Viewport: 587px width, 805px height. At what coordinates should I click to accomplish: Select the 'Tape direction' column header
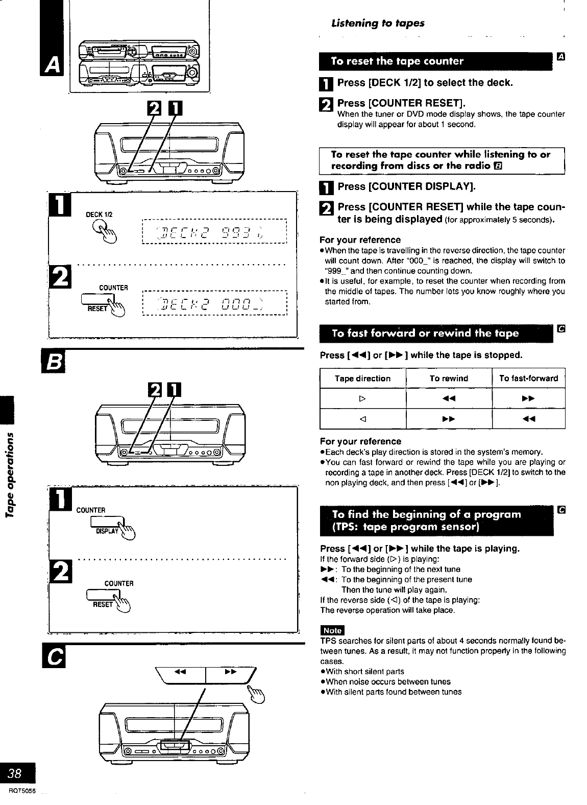pyautogui.click(x=362, y=378)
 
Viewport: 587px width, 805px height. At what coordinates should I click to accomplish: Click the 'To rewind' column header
pyautogui.click(x=449, y=378)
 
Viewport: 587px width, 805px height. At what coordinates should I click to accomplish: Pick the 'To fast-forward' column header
pyautogui.click(x=528, y=378)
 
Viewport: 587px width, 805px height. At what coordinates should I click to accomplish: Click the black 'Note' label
pyautogui.click(x=332, y=631)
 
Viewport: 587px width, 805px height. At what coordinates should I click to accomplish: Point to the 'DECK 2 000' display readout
pyautogui.click(x=214, y=304)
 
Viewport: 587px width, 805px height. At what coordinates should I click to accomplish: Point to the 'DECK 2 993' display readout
pyautogui.click(x=214, y=233)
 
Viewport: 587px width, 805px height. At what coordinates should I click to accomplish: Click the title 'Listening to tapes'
pyautogui.click(x=378, y=23)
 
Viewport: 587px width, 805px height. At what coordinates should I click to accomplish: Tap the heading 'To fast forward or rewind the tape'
pyautogui.click(x=425, y=334)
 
